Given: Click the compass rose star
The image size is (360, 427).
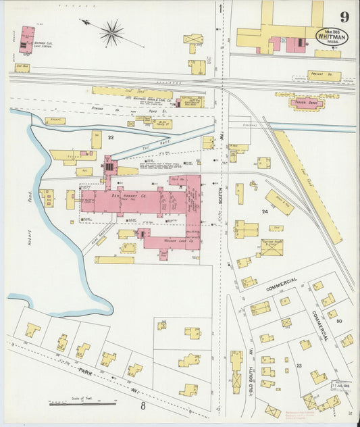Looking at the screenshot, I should coord(111,32).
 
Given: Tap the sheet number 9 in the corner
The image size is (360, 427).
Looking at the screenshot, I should coord(344,17).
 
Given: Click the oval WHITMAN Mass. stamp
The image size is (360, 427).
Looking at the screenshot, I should coord(332,36).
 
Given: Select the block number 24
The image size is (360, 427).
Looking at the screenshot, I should coord(265,211).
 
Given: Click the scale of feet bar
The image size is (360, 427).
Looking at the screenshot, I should coord(82,404).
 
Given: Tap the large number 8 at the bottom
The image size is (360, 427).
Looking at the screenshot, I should coord(143,406).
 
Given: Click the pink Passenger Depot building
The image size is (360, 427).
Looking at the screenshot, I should coord(307,103).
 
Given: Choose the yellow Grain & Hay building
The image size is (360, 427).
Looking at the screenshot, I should coord(278,202).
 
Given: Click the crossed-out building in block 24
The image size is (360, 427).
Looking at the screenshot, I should coord(272,247).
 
